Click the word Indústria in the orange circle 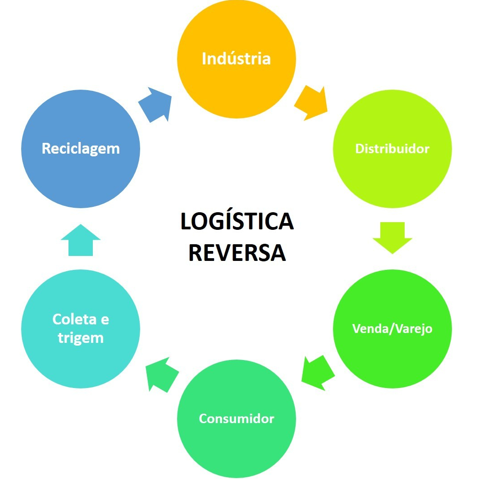236,59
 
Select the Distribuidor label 392,149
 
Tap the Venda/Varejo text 392,328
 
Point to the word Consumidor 236,418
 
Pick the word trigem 81,338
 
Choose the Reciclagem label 81,148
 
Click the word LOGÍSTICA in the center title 237,222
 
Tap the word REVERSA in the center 237,253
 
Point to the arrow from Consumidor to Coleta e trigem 162,373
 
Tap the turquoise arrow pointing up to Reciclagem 81,240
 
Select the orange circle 236,90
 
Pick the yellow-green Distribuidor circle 392,180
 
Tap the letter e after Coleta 104,319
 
